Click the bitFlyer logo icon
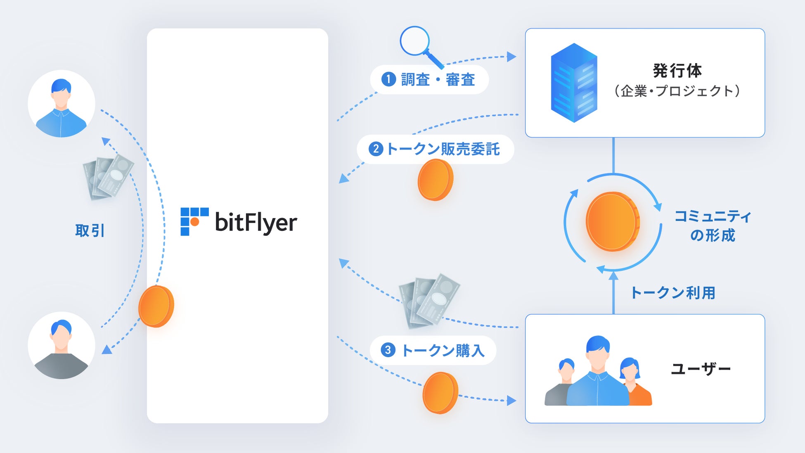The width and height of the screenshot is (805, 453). (x=194, y=221)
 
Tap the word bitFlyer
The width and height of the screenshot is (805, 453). (x=256, y=223)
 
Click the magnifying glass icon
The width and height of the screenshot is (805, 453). (x=417, y=44)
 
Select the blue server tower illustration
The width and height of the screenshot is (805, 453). (x=574, y=83)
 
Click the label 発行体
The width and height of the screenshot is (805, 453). (x=677, y=71)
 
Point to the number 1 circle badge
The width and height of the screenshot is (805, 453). (x=388, y=79)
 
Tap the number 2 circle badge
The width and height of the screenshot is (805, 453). (x=376, y=149)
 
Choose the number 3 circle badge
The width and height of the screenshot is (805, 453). (x=388, y=350)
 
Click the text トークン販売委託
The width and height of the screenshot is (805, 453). (x=443, y=149)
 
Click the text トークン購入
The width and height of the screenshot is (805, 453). (x=443, y=351)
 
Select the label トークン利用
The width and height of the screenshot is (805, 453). (x=673, y=293)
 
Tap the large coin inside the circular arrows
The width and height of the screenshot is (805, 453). (x=613, y=222)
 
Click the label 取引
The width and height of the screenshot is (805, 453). (x=90, y=230)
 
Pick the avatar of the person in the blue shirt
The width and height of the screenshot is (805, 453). (x=62, y=104)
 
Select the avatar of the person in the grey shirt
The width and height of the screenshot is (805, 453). (x=62, y=346)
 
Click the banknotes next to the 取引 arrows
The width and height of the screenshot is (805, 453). (x=108, y=178)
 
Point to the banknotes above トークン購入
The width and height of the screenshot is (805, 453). (x=429, y=300)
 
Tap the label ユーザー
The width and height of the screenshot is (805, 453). (x=701, y=369)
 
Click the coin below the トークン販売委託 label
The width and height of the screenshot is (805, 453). (x=435, y=180)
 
